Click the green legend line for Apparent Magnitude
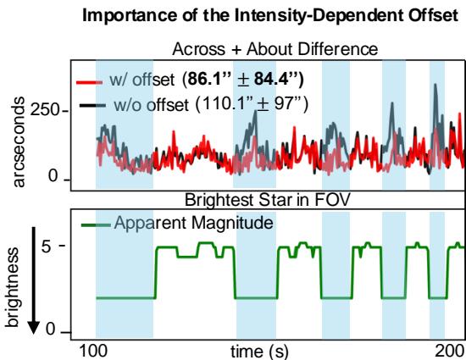coord(94,224)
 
